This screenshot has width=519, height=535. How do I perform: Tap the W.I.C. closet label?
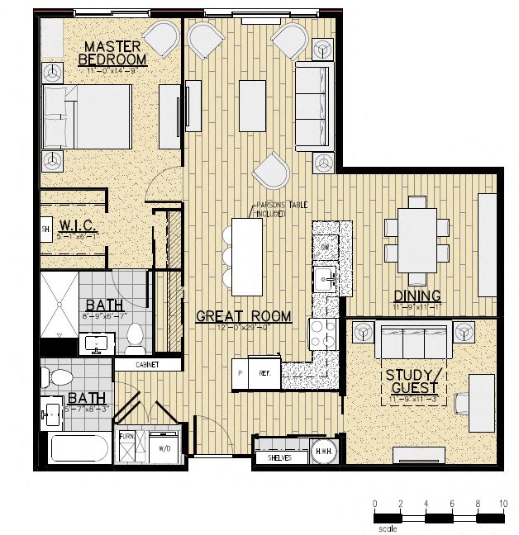coord(79,225)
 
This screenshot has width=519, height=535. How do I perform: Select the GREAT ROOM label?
coord(243,315)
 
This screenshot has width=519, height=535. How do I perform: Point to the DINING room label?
coord(417,296)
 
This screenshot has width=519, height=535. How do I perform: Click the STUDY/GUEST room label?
coord(415,381)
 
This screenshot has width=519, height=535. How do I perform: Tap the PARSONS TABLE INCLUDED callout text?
coord(269,210)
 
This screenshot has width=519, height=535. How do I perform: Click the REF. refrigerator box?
coord(265,373)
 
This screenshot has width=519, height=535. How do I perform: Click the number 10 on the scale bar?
coord(502,504)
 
